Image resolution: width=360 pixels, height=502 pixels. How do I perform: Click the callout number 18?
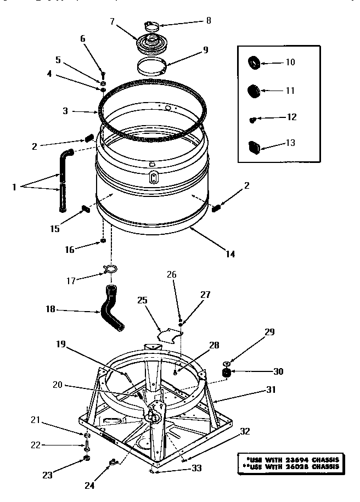[x=50, y=310]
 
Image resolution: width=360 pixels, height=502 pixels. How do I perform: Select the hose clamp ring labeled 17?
[x=110, y=269]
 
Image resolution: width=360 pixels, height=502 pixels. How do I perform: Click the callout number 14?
[x=230, y=253]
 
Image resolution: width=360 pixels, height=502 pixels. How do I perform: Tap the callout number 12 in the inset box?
[x=291, y=117]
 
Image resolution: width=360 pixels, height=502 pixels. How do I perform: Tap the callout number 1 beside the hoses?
[x=14, y=187]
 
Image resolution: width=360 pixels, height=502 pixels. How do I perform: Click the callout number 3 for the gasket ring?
[x=65, y=111]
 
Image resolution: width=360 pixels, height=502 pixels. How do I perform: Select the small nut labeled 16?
[x=103, y=240]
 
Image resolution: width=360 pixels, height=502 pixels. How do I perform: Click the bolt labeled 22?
[x=87, y=445]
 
